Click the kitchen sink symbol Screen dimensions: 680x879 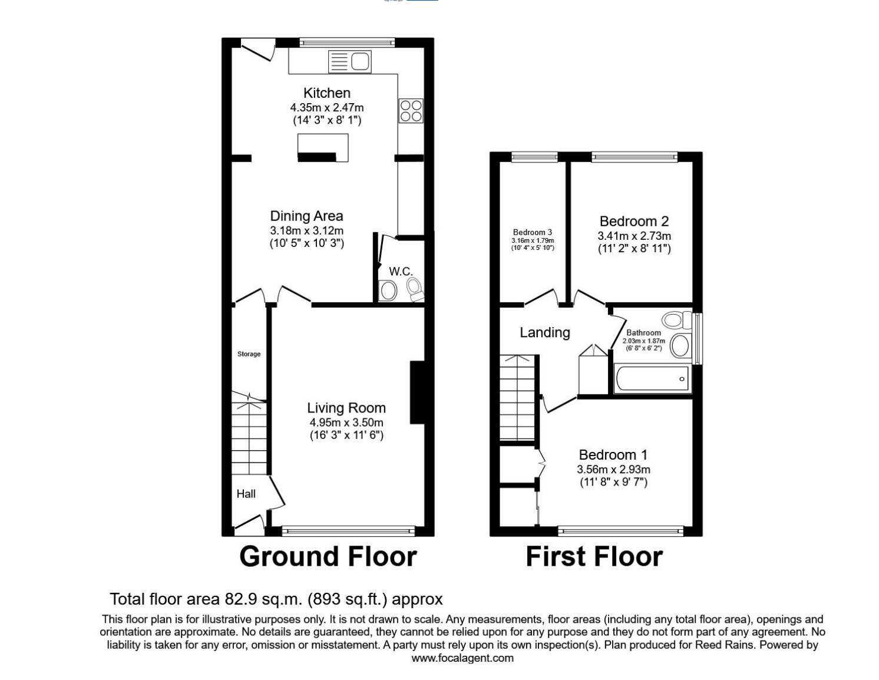(349, 61)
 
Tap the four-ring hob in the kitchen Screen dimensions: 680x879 (411, 110)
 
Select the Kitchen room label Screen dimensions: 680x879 (326, 93)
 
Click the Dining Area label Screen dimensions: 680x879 (306, 216)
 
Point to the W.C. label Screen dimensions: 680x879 (401, 271)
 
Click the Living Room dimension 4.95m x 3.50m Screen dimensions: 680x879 (346, 422)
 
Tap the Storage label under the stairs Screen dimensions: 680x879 (249, 354)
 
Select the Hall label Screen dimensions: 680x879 (246, 494)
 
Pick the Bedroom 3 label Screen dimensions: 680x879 (532, 232)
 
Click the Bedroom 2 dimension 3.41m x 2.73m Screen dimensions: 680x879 (634, 236)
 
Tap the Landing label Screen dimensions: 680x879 (544, 332)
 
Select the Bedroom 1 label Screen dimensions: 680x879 (613, 454)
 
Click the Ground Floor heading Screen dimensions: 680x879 (328, 557)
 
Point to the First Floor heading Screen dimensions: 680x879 (594, 557)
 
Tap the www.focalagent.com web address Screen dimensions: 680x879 (462, 658)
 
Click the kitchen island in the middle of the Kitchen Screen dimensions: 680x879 (323, 147)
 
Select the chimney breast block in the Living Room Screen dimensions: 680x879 (417, 392)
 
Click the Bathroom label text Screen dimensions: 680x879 (643, 333)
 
